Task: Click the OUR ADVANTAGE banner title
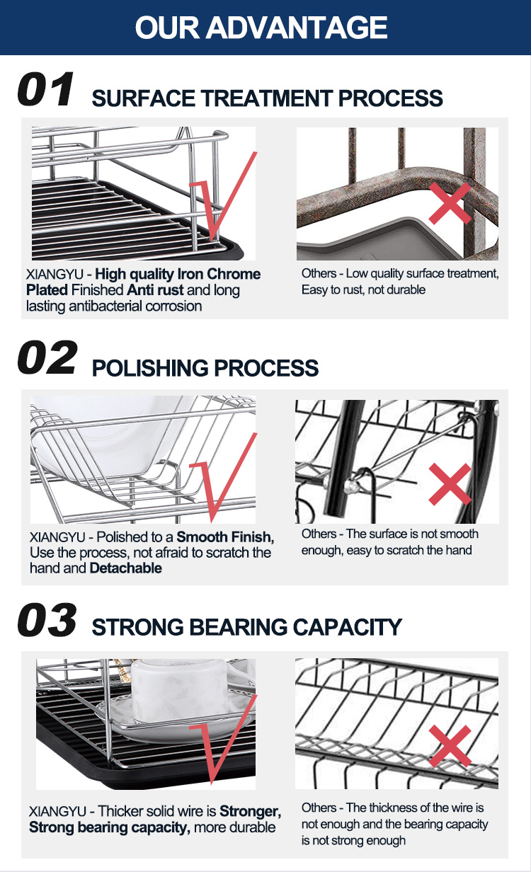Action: [261, 28]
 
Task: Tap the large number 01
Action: [45, 89]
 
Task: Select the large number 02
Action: [47, 357]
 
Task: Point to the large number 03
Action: [47, 620]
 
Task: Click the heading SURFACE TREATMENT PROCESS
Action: [267, 98]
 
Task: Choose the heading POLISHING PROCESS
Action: [205, 368]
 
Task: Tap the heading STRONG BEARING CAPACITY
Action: [246, 627]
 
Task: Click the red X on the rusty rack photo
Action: [450, 204]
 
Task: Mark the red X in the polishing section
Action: [450, 484]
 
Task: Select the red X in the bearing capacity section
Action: [450, 746]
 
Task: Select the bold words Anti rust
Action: [155, 290]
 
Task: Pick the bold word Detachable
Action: [126, 568]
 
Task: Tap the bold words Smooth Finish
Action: [225, 537]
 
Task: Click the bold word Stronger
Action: [250, 811]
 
